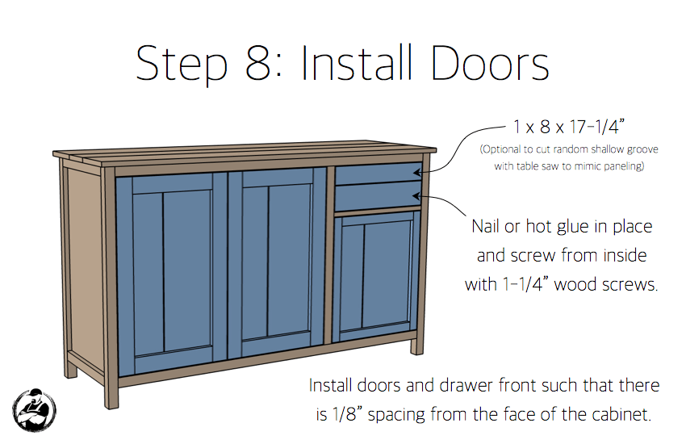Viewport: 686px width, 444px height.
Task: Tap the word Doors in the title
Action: [x=490, y=63]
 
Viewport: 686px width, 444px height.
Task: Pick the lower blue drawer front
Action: [x=378, y=195]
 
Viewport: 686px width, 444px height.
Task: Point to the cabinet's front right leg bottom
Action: [x=416, y=349]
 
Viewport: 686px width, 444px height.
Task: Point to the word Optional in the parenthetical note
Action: [x=504, y=149]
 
